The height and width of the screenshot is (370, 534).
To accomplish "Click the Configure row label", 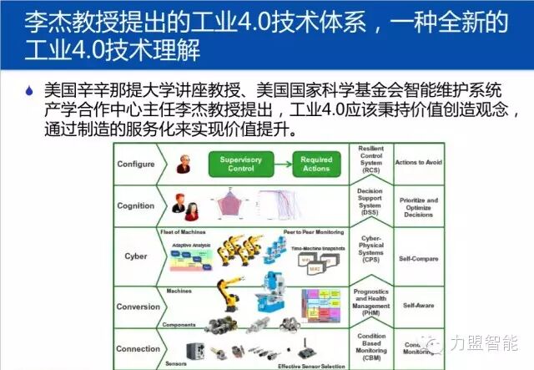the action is point(135,164).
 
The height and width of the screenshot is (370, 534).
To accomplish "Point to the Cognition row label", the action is point(135,205).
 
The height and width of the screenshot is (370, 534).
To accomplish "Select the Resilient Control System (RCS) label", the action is point(370,161).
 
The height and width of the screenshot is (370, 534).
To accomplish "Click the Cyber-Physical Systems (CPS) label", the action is point(370,249).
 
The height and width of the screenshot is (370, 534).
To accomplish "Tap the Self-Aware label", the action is point(419,306).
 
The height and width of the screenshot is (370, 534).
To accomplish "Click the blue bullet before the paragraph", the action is point(30,89).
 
